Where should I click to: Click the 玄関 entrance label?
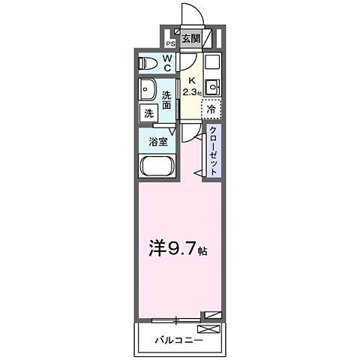tap(190, 39)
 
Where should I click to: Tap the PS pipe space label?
tap(170, 43)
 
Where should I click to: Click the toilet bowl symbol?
tap(148, 62)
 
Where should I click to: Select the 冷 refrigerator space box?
tap(211, 109)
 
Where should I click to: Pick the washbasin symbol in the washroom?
tap(145, 89)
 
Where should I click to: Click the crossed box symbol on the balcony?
tap(208, 328)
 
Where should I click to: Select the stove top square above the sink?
tap(211, 63)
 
